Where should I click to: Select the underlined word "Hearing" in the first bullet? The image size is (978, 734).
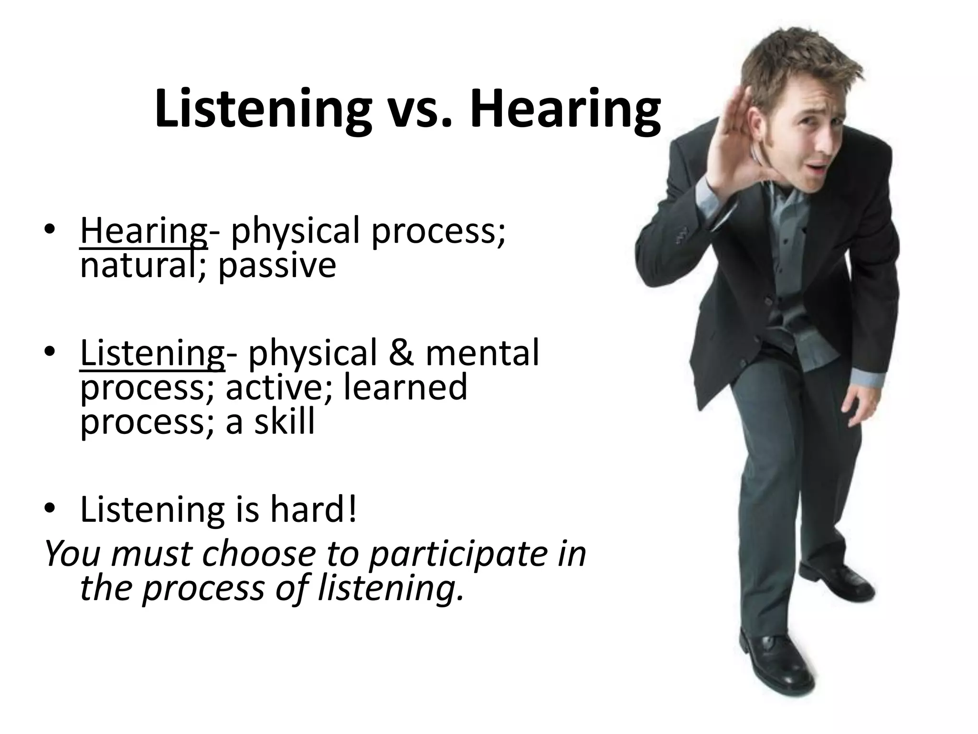click(x=143, y=232)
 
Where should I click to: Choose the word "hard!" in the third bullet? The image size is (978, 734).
click(x=313, y=509)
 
